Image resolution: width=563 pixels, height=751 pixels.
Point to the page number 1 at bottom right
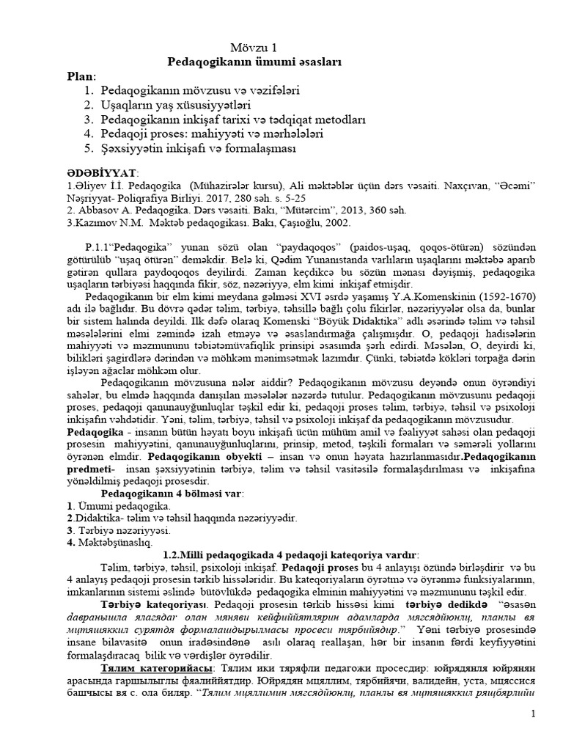point(534,714)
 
